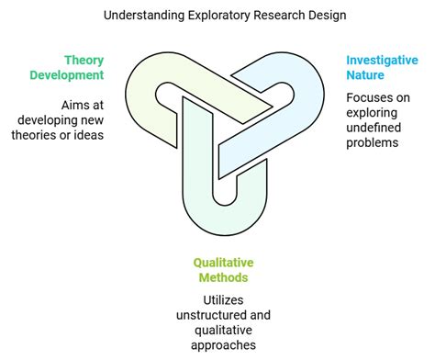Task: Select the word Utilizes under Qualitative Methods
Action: coord(218,300)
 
